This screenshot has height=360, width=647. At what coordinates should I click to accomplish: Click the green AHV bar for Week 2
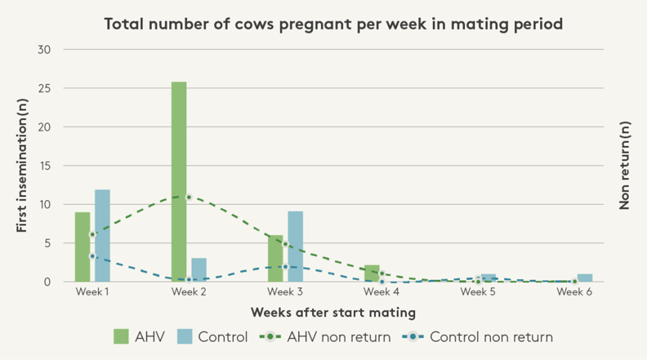click(x=179, y=182)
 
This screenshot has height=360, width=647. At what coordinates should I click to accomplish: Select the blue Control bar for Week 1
click(x=102, y=235)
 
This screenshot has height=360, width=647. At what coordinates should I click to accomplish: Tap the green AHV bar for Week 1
click(x=82, y=247)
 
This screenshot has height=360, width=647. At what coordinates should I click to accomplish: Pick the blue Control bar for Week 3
click(x=295, y=246)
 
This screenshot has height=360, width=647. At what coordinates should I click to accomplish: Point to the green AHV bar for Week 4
click(x=372, y=273)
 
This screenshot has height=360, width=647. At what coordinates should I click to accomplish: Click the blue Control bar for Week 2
click(x=199, y=270)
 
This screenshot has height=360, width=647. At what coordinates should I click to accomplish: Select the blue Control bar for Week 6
click(x=585, y=277)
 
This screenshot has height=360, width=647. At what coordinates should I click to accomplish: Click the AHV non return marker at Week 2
click(x=189, y=196)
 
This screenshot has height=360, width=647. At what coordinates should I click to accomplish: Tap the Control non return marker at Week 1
click(x=92, y=256)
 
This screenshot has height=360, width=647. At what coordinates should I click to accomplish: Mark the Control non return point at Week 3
click(x=286, y=267)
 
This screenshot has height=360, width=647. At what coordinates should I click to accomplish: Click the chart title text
click(x=333, y=25)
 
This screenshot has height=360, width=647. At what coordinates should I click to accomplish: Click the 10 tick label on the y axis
click(x=46, y=205)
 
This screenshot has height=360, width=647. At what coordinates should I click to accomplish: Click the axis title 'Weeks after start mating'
click(x=333, y=313)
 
